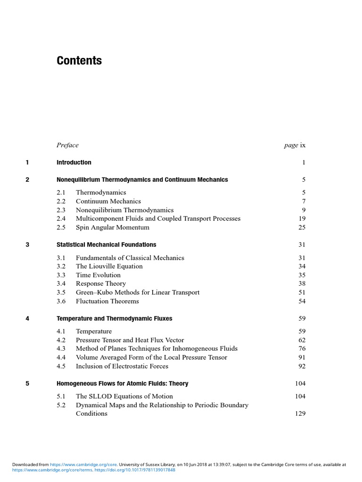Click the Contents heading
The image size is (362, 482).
79,61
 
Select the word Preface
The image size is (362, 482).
67,145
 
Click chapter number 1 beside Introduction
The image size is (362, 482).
27,162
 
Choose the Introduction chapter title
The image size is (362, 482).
74,162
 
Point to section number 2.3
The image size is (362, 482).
61,210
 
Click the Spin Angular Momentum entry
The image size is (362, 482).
113,227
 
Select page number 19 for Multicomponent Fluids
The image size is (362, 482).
302,218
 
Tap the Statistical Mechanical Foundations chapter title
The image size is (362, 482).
107,245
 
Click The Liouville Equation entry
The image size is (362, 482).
109,266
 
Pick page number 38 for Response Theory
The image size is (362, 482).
302,283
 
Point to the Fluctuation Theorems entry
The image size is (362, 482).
107,301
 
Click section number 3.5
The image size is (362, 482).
61,292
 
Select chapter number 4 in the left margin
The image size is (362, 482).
27,319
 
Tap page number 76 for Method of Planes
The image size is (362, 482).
302,348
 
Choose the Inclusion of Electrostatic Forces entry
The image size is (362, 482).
122,366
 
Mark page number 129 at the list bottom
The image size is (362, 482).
300,413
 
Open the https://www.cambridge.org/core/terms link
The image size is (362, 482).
52,470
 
